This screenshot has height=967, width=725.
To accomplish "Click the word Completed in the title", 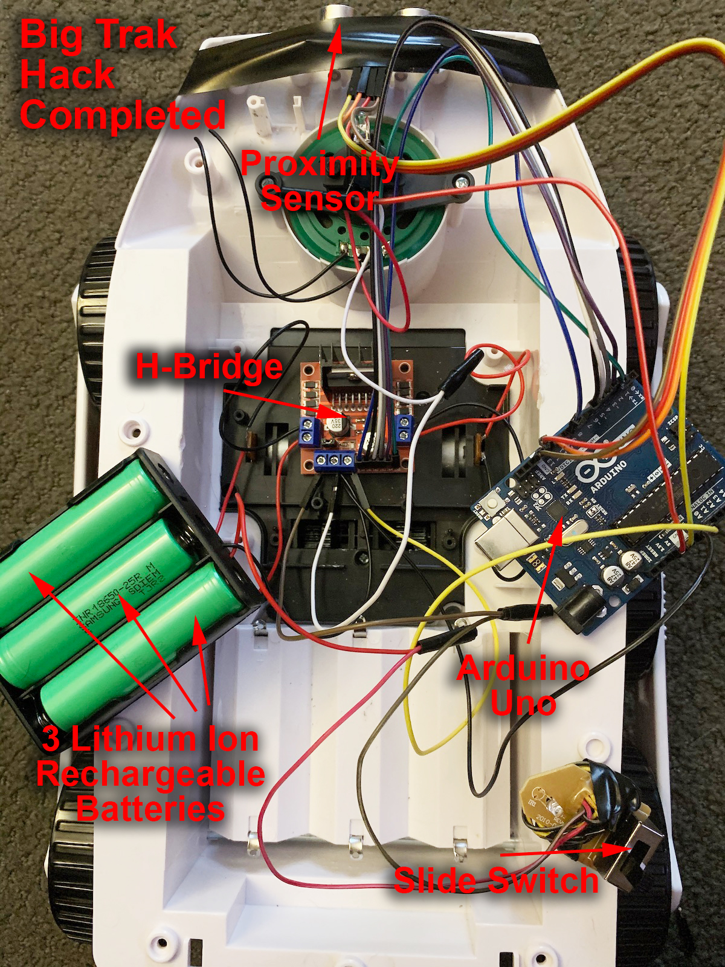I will click(x=123, y=115).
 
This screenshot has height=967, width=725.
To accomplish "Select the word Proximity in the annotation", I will click(x=319, y=164).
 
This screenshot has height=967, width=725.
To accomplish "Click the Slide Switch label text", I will click(x=496, y=880).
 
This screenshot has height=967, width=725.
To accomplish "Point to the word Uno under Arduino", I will click(x=523, y=703).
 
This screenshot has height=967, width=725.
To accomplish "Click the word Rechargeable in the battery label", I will click(x=150, y=774).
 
